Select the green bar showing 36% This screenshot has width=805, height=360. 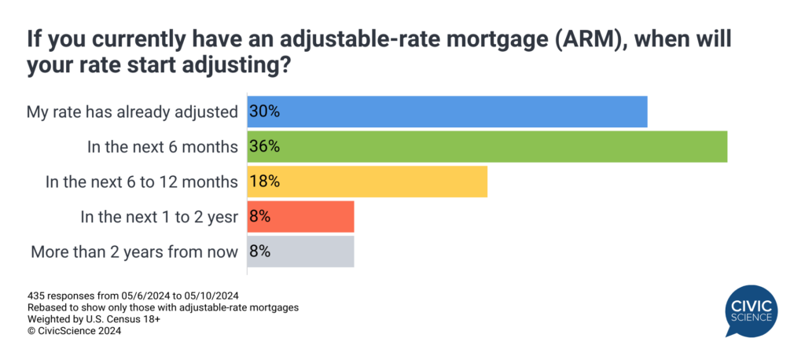tap(487, 147)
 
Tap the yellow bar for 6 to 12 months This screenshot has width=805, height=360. tap(368, 182)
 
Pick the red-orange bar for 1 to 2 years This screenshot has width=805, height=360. tap(301, 217)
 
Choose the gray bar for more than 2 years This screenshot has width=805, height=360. tap(301, 252)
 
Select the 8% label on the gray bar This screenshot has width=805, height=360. tap(260, 252)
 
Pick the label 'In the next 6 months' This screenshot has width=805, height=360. tap(164, 147)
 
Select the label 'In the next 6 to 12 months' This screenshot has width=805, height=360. tap(142, 182)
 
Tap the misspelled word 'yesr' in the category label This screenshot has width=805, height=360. tap(222, 217)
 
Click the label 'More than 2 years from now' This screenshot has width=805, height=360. tap(134, 252)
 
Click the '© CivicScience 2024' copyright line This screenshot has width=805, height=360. tap(74, 331)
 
